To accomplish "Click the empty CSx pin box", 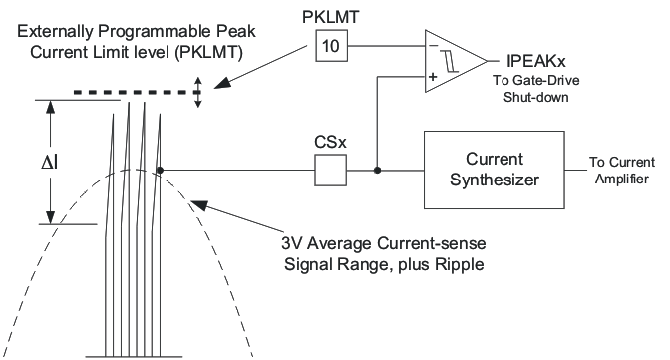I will [329, 171].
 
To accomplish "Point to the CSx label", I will [329, 142].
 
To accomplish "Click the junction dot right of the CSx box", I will [376, 171].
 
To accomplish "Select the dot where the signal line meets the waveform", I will [160, 171].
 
